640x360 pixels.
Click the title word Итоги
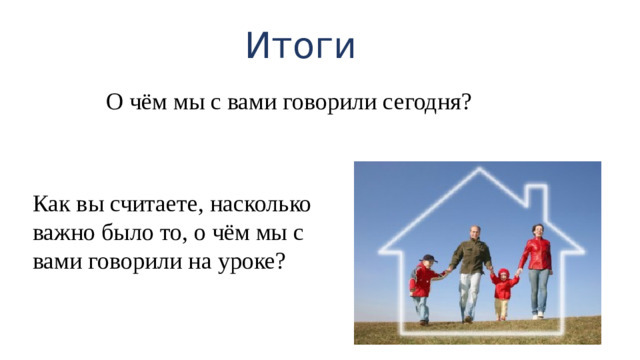[300, 46]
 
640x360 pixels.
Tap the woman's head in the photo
[537, 231]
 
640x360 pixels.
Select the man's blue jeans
[469, 295]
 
